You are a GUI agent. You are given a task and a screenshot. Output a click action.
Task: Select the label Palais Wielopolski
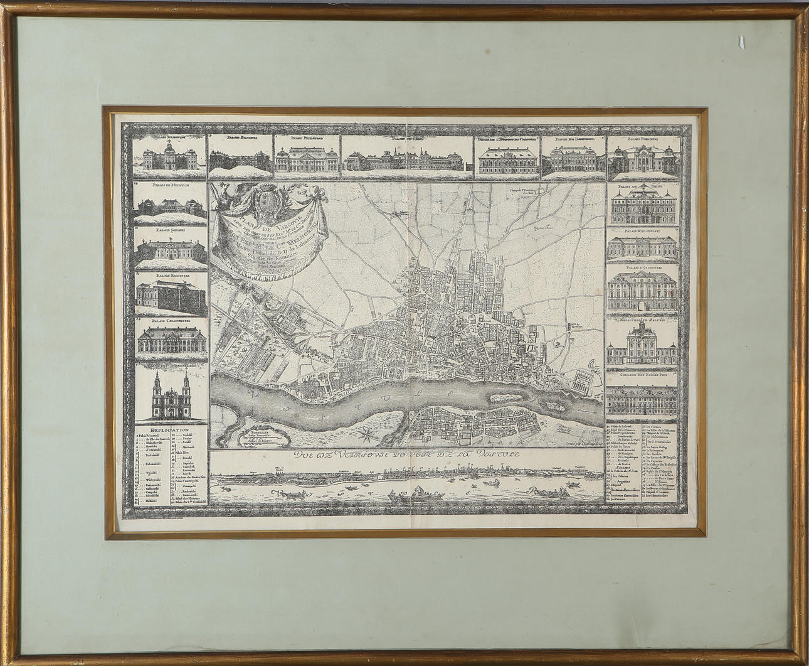[x=643, y=232]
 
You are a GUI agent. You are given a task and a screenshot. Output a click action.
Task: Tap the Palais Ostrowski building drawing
[x=643, y=290]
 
